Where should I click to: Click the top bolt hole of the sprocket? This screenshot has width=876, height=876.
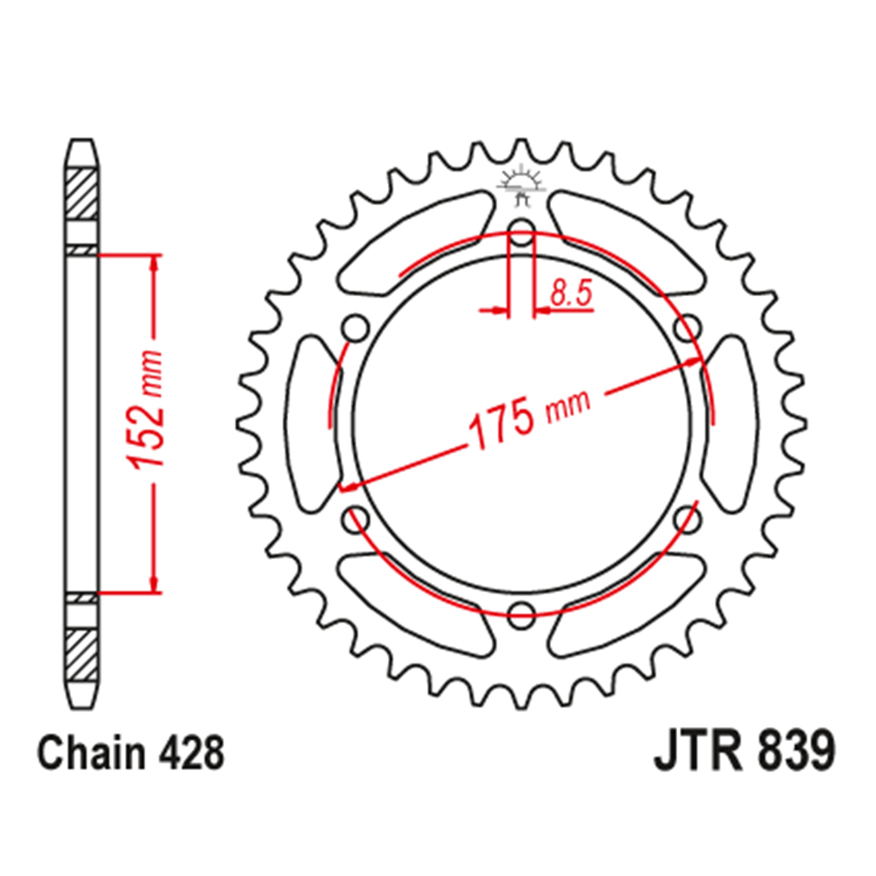pyautogui.click(x=522, y=237)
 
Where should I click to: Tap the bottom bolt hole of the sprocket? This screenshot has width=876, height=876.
pyautogui.click(x=522, y=612)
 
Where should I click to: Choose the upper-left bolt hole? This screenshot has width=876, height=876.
pyautogui.click(x=355, y=330)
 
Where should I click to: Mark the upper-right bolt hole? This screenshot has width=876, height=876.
pyautogui.click(x=689, y=329)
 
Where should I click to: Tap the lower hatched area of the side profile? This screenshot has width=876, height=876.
pyautogui.click(x=83, y=653)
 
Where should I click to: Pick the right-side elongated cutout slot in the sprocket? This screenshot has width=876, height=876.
pyautogui.click(x=734, y=424)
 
